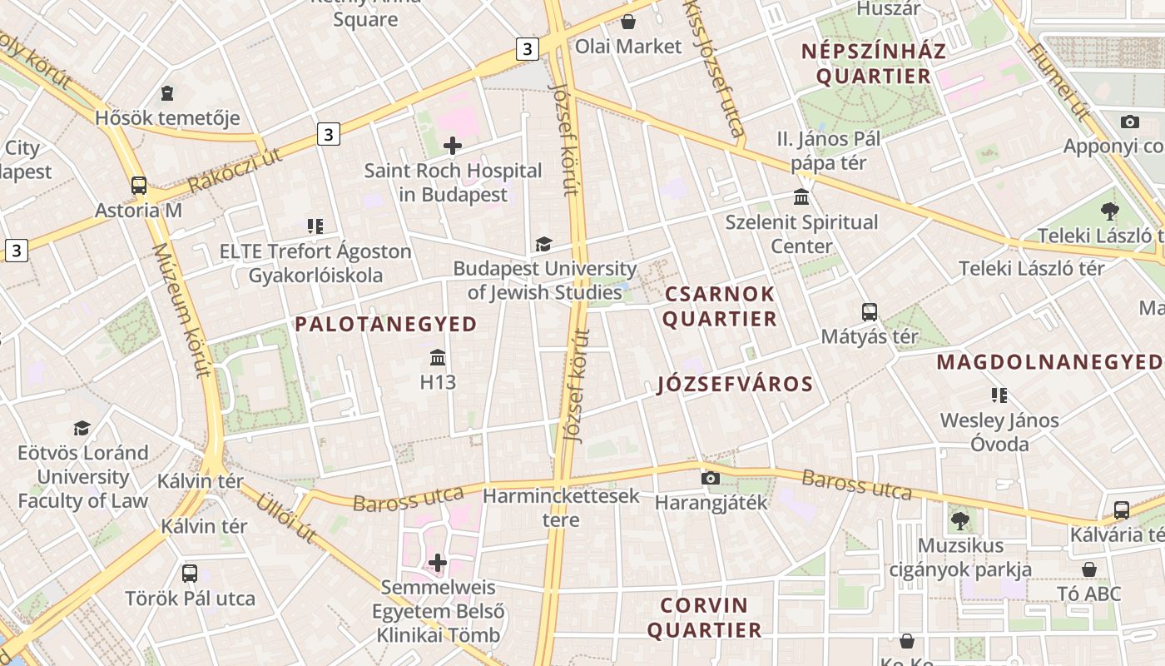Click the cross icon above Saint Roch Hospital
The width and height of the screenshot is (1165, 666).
453,147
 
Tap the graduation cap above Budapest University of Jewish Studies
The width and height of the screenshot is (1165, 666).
543,244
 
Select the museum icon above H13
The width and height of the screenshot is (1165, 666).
438,358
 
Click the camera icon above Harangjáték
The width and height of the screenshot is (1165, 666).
710,478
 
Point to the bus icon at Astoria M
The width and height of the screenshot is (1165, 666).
139,186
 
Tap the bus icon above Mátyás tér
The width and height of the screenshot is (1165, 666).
870,312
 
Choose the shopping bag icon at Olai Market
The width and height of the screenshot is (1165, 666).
628,22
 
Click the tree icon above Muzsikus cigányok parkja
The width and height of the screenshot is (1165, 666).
960,521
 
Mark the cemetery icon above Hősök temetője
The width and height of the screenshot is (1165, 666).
167,93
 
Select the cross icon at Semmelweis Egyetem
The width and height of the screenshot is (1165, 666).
438,563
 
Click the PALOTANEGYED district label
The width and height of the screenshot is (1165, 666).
386,325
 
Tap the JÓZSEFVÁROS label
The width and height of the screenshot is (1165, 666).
735,384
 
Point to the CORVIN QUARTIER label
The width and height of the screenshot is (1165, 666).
704,618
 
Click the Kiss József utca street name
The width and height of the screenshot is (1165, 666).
713,67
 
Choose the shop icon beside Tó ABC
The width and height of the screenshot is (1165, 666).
1089,569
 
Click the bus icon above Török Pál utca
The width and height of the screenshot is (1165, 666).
190,574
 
